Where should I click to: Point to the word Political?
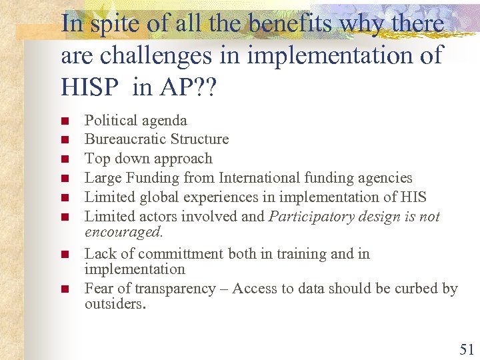pyautogui.click(x=110, y=120)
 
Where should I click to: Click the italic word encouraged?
pyautogui.click(x=123, y=232)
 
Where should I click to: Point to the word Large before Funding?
pyautogui.click(x=103, y=178)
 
